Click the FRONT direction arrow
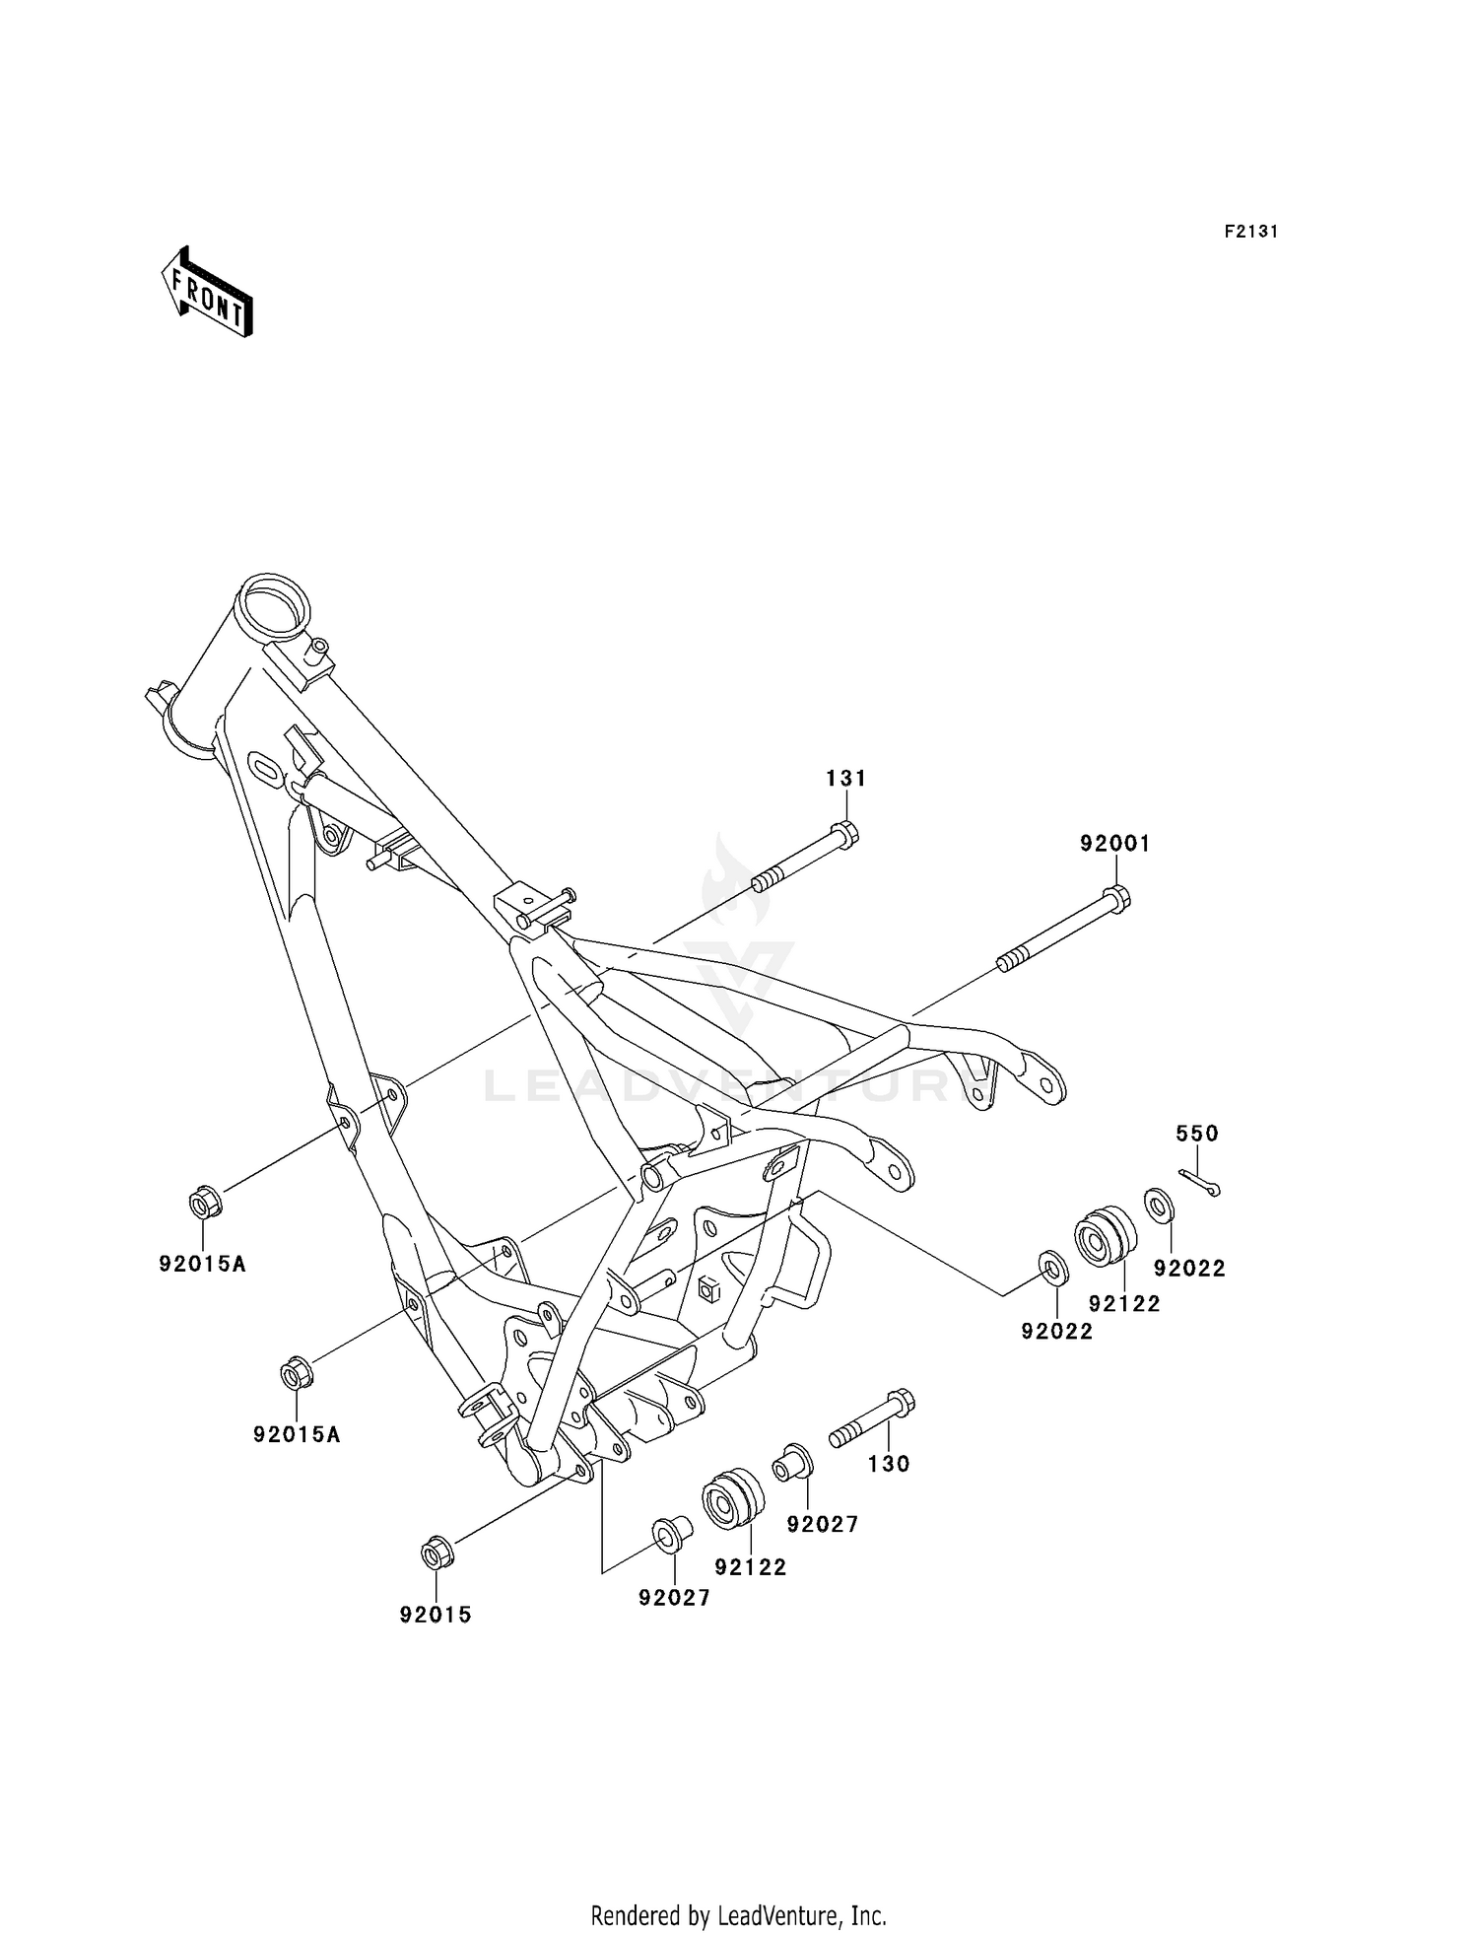point(208,294)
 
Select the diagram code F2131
point(1251,232)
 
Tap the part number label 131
point(845,779)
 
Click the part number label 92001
point(1114,844)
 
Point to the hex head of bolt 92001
point(1116,898)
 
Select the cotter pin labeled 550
point(1200,1182)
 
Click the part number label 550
point(1197,1134)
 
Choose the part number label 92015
point(436,1615)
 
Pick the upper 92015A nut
point(205,1203)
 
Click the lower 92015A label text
point(297,1434)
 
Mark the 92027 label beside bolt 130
point(822,1524)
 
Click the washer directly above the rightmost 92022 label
point(1159,1206)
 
